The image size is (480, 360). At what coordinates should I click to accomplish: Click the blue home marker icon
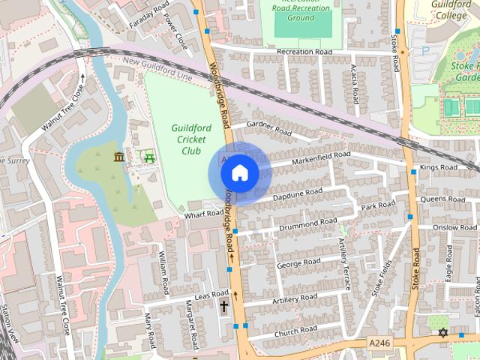239,173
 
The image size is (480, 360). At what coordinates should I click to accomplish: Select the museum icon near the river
118,156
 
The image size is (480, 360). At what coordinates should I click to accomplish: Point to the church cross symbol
224,306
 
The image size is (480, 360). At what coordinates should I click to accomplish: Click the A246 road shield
379,342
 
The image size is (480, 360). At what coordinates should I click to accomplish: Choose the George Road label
298,263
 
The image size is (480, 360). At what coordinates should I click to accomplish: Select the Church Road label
295,331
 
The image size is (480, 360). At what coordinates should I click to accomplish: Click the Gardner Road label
268,127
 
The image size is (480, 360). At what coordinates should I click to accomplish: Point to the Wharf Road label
205,214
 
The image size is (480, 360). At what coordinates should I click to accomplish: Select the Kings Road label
439,167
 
